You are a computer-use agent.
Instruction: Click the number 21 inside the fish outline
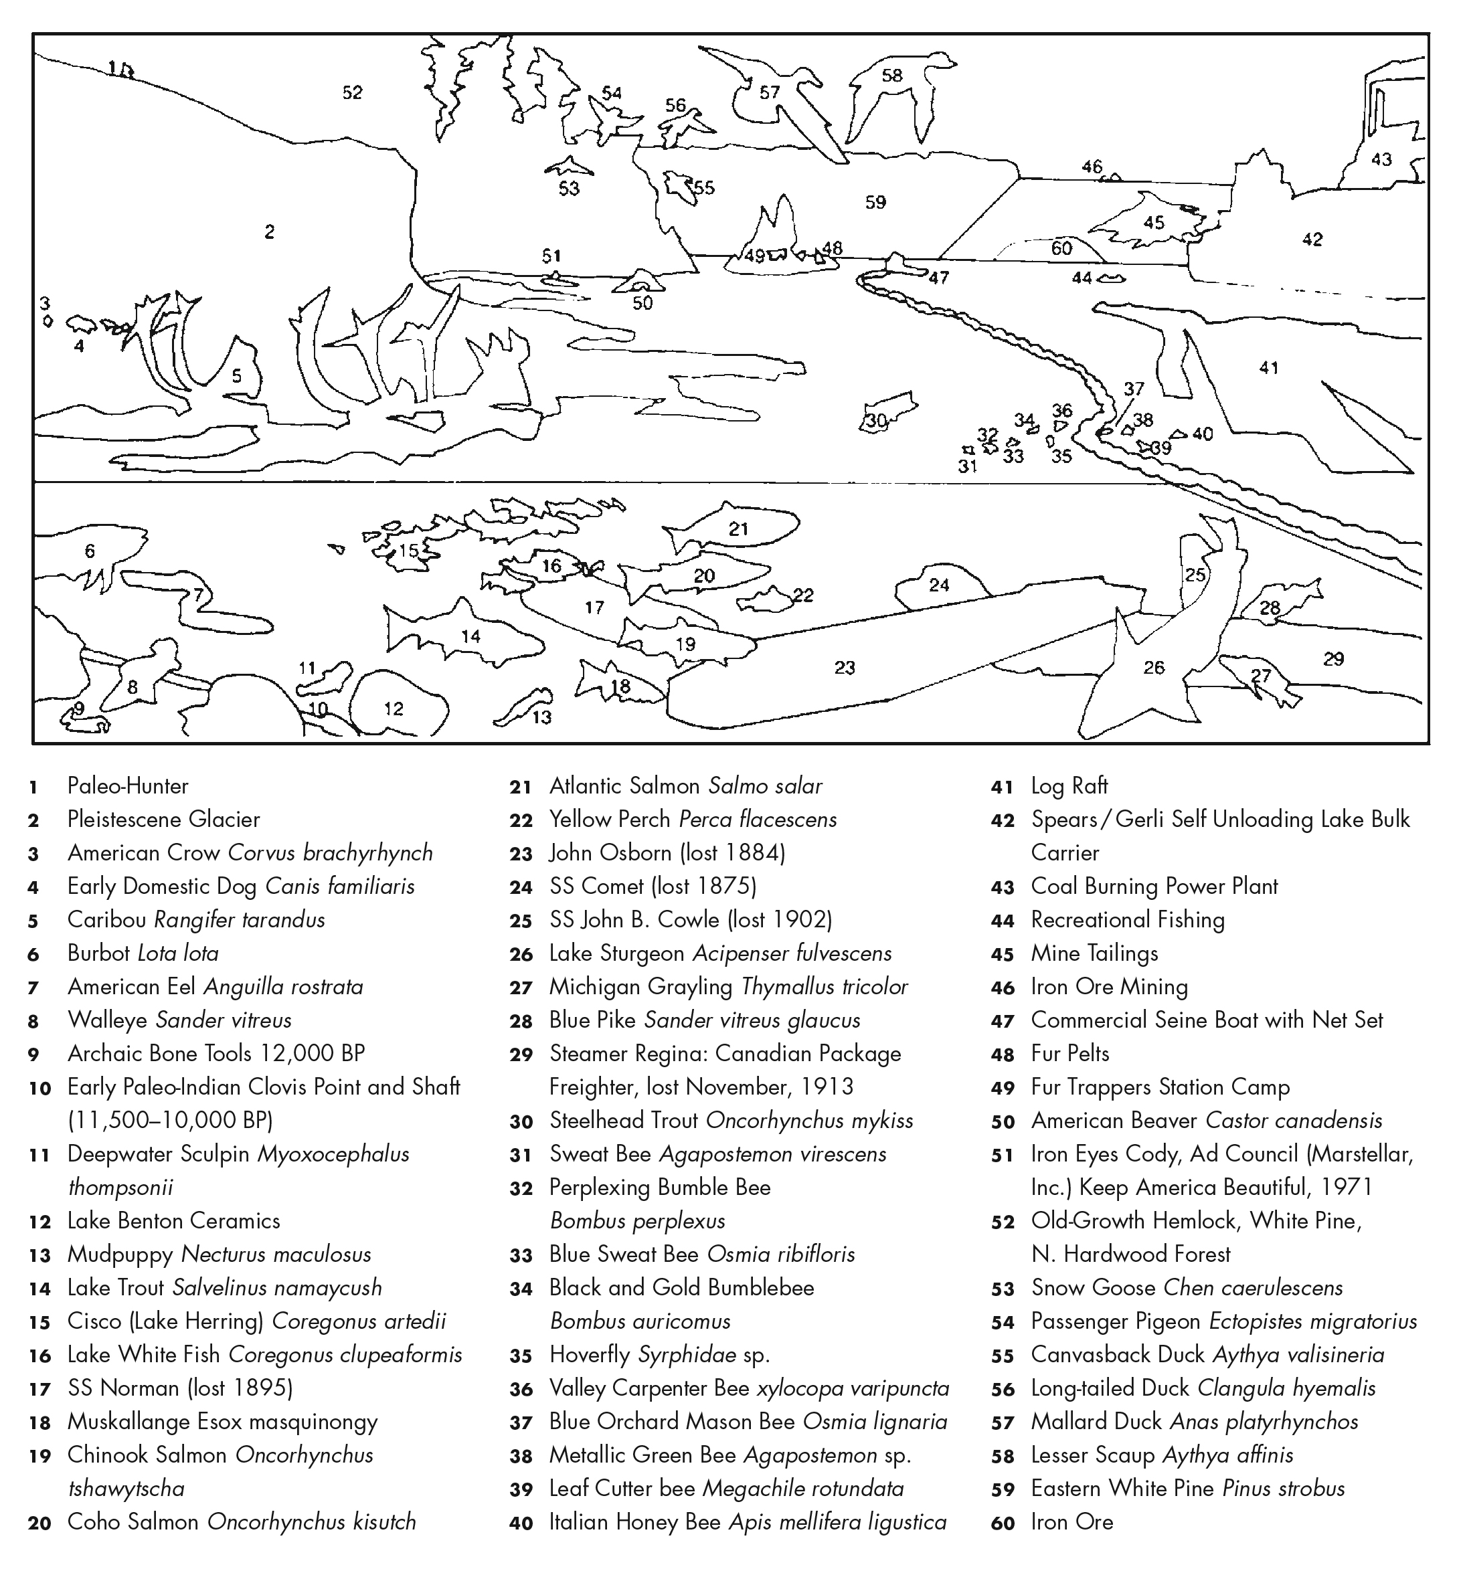point(738,528)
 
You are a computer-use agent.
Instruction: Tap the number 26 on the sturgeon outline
point(1153,668)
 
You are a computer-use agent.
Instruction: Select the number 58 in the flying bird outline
point(891,76)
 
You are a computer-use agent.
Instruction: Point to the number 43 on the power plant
point(1381,160)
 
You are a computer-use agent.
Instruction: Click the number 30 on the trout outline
point(875,420)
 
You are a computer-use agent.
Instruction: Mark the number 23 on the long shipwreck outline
point(845,668)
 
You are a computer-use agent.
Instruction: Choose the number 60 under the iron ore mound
point(1061,248)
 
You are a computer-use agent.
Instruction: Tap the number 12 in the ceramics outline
point(393,709)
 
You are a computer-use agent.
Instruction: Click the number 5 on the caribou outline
point(236,376)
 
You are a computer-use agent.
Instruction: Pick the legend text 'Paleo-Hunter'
point(128,786)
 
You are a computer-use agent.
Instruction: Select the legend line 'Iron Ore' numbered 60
point(1071,1522)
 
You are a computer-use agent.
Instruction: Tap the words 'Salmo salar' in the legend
point(764,786)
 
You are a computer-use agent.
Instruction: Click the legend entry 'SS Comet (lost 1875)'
point(653,887)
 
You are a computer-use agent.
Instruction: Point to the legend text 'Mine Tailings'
point(1094,954)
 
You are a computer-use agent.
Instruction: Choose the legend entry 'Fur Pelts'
point(1069,1054)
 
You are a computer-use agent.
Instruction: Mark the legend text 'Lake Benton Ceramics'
point(174,1221)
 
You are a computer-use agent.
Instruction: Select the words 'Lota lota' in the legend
point(178,954)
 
